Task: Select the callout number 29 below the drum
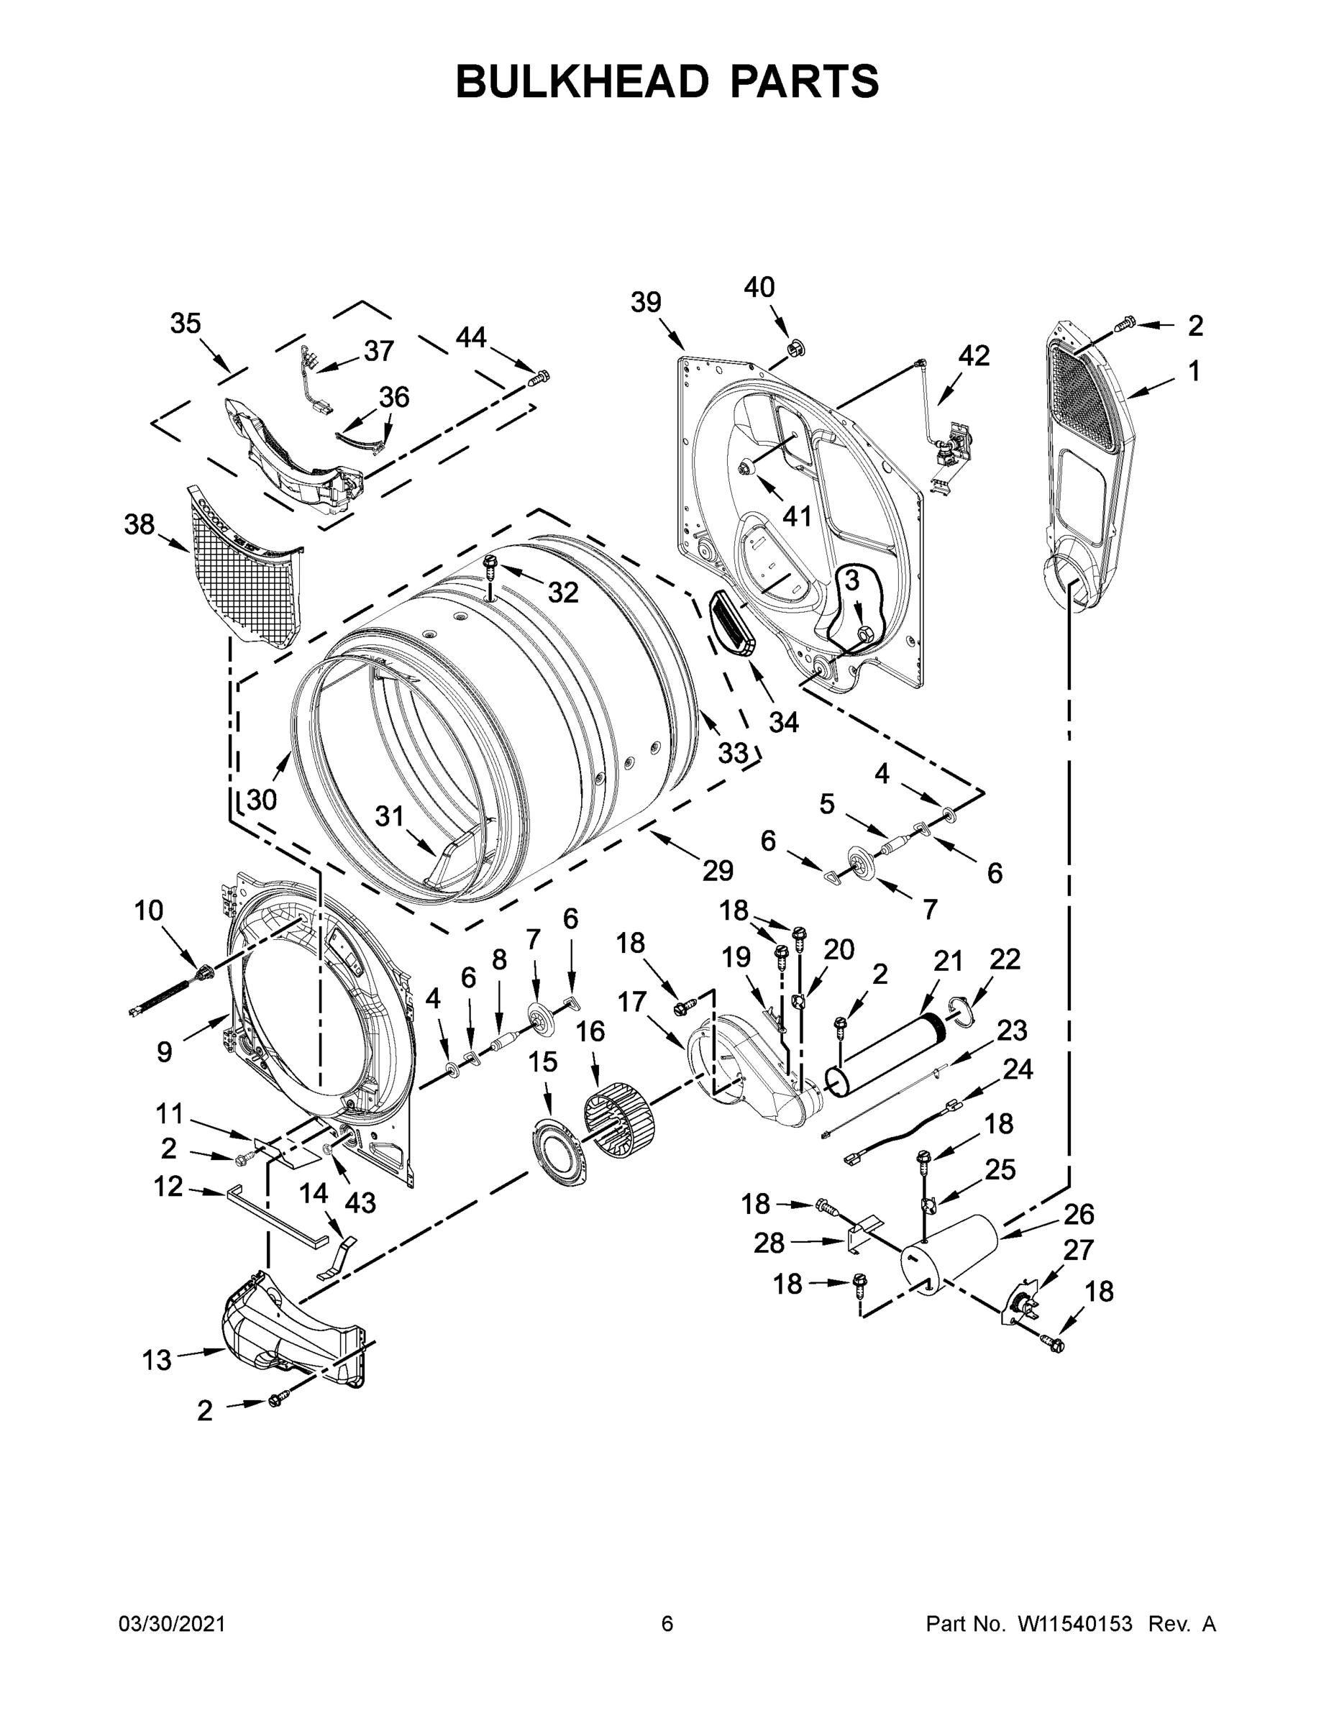pyautogui.click(x=718, y=870)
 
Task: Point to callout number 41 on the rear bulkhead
pyautogui.click(x=797, y=516)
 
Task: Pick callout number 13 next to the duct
pyautogui.click(x=157, y=1360)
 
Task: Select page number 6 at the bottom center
pyautogui.click(x=667, y=1624)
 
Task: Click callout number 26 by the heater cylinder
pyautogui.click(x=1079, y=1213)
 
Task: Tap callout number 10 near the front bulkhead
pyautogui.click(x=149, y=910)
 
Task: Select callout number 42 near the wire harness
pyautogui.click(x=974, y=356)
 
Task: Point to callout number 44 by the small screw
pyautogui.click(x=471, y=338)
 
